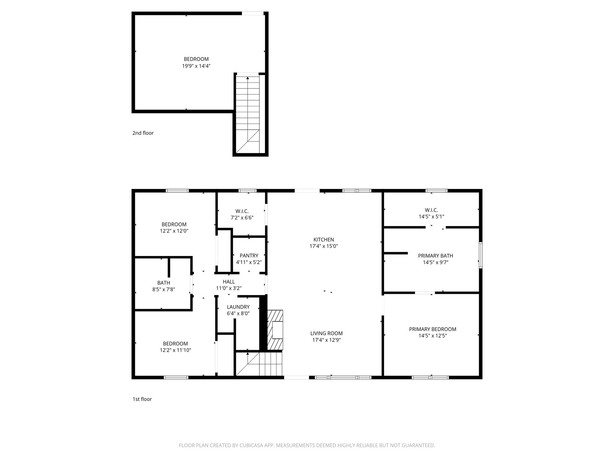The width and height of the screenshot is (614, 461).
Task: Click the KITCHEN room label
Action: pos(323,240)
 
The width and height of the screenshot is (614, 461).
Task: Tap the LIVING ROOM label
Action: pos(326,333)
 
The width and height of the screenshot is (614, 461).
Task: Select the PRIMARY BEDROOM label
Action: pos(432,329)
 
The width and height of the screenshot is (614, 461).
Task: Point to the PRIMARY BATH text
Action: pos(435,256)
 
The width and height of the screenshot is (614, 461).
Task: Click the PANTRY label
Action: pos(249,255)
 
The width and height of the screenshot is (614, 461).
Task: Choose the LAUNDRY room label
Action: pos(238,307)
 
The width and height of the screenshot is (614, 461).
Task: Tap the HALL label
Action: pos(229,282)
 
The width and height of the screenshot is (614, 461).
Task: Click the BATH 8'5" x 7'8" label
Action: pos(164,286)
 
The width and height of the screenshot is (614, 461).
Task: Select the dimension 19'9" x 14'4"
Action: pos(196,66)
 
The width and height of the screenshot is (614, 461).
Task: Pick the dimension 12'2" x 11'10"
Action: pos(175,350)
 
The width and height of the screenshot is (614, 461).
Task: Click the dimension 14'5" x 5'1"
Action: pos(431,216)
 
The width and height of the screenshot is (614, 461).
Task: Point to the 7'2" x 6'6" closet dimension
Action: pos(242,218)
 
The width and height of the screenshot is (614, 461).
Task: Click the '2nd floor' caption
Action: pos(143,133)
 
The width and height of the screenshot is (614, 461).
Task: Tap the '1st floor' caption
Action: pos(142,399)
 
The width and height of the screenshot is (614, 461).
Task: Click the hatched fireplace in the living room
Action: pos(275,330)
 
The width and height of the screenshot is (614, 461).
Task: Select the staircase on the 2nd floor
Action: pos(248,114)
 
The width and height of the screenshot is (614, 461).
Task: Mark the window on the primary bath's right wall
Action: pos(480,255)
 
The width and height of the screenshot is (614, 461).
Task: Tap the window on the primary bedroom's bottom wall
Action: pos(431,377)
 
